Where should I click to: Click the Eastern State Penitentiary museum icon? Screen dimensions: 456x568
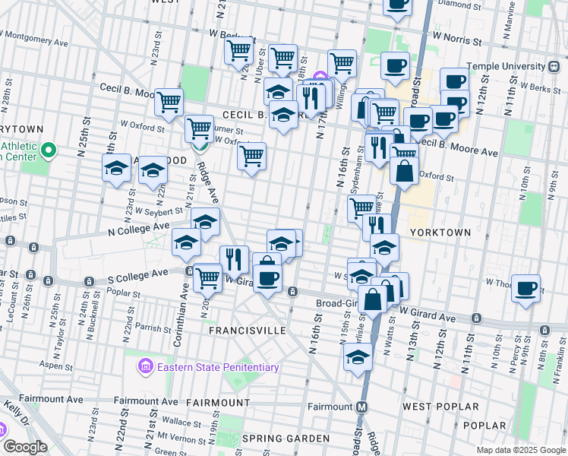144,368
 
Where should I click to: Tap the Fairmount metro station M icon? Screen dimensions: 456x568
362,406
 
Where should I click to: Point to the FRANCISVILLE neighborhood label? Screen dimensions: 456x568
248,331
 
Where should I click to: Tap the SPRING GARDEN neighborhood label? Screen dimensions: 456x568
286,439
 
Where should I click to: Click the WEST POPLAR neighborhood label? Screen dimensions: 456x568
436,407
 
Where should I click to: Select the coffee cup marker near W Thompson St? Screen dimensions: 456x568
525,289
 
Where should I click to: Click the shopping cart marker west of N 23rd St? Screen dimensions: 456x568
169,101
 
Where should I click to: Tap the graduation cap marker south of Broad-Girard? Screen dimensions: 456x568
358,359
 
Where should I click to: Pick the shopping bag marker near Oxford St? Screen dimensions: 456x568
405,171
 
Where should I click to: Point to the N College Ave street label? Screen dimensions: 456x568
139,226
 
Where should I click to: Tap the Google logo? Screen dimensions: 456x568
24,447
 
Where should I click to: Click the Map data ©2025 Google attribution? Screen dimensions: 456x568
521,450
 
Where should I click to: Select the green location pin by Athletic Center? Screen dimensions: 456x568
49,150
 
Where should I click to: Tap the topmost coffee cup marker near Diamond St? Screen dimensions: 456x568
396,5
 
